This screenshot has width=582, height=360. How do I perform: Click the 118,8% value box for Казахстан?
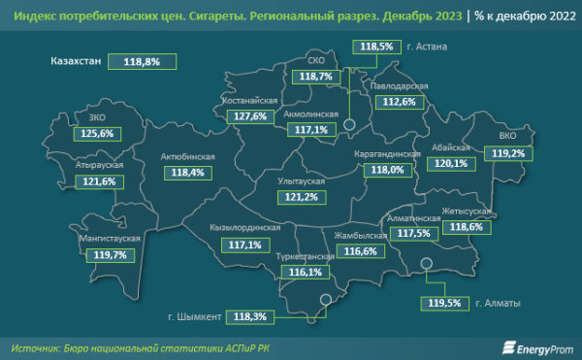(148, 61)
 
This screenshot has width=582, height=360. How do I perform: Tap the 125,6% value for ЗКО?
(97, 133)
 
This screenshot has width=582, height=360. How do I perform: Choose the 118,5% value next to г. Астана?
(376, 47)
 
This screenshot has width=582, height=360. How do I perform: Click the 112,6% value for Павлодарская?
(399, 101)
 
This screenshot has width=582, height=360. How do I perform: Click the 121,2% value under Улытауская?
(297, 197)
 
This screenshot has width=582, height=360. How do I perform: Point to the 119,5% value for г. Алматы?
(444, 303)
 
